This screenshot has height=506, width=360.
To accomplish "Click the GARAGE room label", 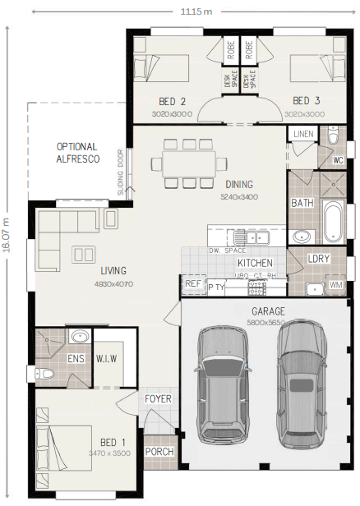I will (269, 311).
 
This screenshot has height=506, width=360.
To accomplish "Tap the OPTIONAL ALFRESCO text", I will (78, 153).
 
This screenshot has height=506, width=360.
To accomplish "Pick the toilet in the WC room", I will (334, 136).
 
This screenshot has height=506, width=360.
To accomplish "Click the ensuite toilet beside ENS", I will (47, 373).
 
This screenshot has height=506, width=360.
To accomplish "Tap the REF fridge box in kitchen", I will (193, 284).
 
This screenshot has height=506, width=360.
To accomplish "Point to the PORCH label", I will (159, 453).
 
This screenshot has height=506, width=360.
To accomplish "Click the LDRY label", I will (319, 259).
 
